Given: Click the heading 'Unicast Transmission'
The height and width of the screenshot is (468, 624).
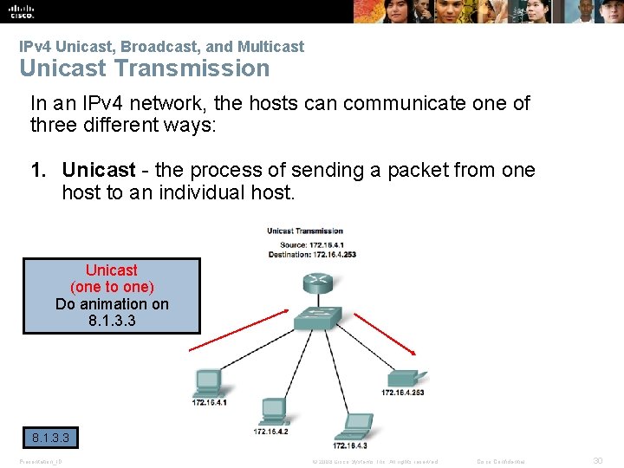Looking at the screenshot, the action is (144, 68).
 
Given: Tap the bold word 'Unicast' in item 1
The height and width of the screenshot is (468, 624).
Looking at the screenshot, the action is (99, 170).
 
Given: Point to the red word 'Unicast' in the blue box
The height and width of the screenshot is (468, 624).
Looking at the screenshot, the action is (111, 270).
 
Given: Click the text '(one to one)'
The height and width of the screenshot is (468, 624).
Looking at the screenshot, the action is (112, 287).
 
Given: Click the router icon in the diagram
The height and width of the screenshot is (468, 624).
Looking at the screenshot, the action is (316, 283).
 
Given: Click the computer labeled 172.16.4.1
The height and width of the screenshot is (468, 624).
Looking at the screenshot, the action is (208, 382).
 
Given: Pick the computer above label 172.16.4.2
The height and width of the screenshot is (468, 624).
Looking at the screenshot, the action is (272, 410).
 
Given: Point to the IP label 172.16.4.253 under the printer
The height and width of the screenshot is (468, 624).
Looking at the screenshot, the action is (402, 393).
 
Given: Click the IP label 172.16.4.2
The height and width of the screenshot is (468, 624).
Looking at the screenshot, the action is (270, 431).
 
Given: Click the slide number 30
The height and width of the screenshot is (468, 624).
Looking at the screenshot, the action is (596, 461).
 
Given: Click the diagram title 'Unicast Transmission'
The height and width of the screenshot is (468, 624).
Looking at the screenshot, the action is (304, 231).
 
